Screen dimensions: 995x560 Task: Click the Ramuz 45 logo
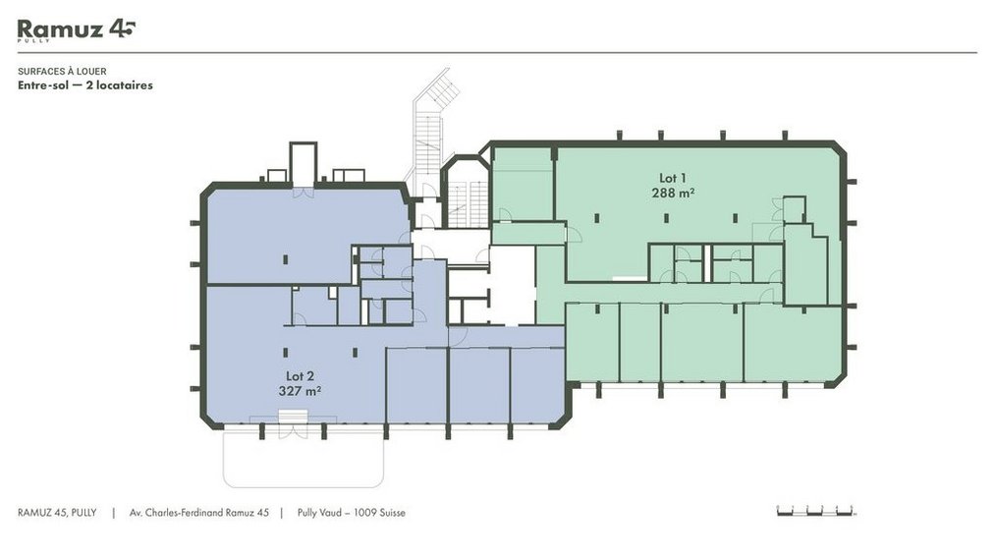77,29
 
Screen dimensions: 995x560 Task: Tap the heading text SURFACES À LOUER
62,71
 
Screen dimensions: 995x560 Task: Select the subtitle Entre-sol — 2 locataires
85,85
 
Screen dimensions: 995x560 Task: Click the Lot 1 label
673,179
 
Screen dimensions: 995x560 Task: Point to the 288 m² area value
673,193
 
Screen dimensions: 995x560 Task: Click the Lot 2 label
300,376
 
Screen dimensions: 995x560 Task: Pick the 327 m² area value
300,390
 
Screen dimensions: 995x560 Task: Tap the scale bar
816,511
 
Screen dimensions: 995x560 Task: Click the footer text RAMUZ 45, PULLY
57,513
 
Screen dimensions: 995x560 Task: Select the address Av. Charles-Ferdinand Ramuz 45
199,513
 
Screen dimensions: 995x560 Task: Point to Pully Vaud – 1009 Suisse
351,513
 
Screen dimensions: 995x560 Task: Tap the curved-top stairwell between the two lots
466,192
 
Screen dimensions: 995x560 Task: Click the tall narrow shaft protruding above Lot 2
303,163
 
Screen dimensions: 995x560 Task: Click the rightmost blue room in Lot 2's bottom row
537,385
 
